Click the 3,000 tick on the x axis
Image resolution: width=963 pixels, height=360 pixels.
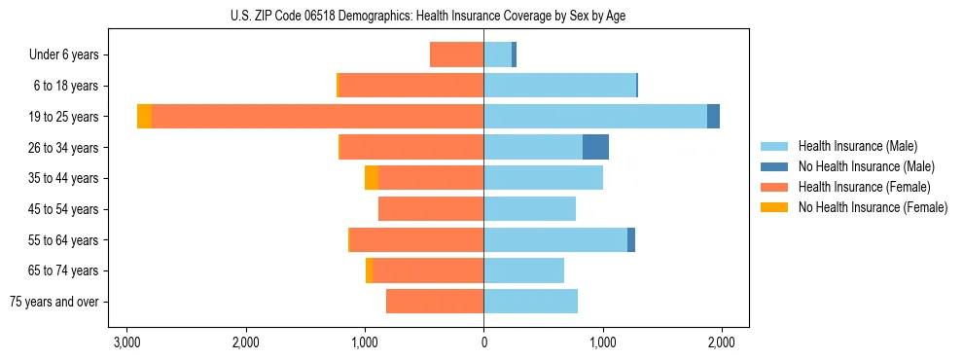[125, 343]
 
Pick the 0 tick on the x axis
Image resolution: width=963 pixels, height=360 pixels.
[483, 343]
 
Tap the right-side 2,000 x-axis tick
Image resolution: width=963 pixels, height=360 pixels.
[721, 343]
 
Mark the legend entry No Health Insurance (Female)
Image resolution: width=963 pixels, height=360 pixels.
[872, 207]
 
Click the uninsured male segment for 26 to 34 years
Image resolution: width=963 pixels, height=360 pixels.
[595, 147]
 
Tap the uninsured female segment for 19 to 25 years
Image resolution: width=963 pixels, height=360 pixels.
[144, 117]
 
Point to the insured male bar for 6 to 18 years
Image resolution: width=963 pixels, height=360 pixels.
[559, 86]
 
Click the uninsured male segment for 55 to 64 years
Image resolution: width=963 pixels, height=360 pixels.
[631, 239]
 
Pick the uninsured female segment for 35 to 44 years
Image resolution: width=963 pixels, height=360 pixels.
[372, 178]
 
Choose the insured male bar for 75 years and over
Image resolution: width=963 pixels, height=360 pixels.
[530, 302]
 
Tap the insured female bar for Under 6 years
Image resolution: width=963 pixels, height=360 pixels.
[456, 54]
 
